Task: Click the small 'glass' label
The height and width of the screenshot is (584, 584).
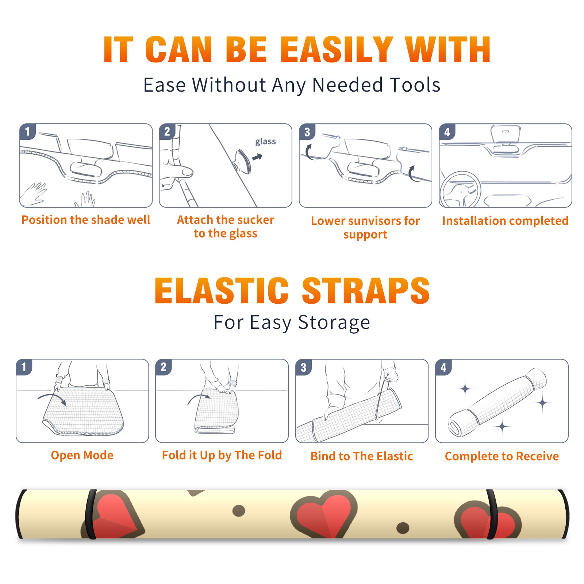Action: (x=265, y=142)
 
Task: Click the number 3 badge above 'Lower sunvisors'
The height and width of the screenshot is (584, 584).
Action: (x=307, y=132)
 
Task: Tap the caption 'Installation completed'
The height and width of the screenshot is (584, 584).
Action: (x=505, y=220)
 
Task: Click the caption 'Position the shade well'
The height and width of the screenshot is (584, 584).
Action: (x=86, y=220)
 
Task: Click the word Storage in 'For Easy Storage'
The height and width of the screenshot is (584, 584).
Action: (x=334, y=323)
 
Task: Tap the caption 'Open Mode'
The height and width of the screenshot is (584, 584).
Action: (x=82, y=455)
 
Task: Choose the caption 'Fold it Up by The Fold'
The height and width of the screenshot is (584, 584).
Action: (x=222, y=455)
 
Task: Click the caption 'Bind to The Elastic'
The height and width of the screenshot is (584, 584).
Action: (x=362, y=456)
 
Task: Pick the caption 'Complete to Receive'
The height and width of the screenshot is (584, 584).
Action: (x=502, y=456)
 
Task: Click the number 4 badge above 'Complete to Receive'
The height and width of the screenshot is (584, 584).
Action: (x=443, y=367)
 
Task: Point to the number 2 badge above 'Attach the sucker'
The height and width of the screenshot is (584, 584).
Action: (x=167, y=132)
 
